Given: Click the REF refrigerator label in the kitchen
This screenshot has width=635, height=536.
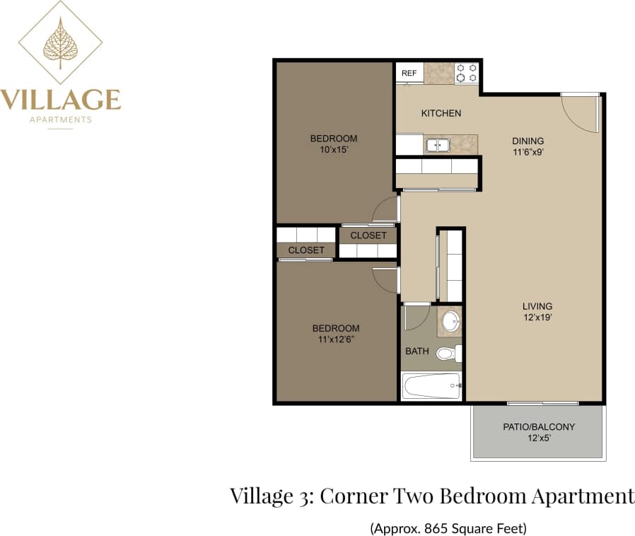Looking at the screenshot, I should click(x=409, y=73).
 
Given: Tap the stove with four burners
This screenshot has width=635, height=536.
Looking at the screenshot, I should click(x=467, y=73).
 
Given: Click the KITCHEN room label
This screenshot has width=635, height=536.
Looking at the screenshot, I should click(x=441, y=113).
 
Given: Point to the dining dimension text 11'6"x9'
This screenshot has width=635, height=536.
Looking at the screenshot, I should click(x=528, y=151).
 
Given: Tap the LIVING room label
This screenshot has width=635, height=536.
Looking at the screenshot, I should click(x=537, y=306).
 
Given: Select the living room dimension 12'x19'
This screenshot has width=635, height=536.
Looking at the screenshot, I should click(x=537, y=317).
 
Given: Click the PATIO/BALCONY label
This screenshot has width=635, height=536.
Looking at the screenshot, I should click(x=539, y=427).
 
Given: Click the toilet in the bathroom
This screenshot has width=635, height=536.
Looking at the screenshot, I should click(x=448, y=353).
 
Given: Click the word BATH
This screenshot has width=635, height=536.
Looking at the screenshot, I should click(x=417, y=351).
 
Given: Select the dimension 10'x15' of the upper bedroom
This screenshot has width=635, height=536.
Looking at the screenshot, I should click(x=334, y=150).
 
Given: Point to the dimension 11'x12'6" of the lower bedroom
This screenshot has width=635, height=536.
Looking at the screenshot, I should click(x=336, y=339).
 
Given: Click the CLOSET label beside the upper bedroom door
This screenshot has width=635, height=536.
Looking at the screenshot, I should click(x=368, y=235).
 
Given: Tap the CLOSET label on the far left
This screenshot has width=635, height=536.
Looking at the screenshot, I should click(x=306, y=250).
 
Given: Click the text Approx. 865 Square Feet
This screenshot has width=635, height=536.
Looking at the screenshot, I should click(x=448, y=528).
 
